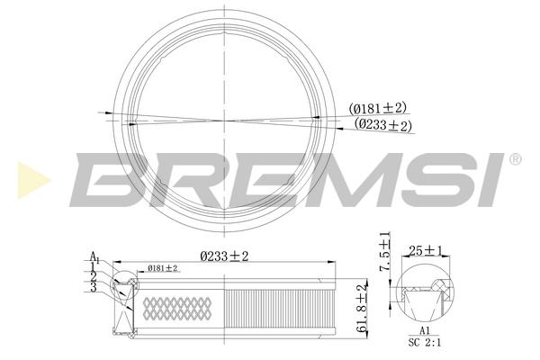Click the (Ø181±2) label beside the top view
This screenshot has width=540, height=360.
(377, 109)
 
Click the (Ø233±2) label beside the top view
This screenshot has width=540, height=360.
(383, 125)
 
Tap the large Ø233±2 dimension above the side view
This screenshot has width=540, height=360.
(224, 256)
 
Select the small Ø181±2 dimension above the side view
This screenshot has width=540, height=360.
(162, 268)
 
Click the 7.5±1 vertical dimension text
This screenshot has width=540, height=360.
(385, 251)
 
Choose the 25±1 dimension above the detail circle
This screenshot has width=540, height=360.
(426, 251)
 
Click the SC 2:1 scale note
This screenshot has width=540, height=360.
(425, 342)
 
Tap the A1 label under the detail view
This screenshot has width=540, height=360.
(425, 331)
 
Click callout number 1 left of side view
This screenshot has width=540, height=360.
(93, 266)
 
